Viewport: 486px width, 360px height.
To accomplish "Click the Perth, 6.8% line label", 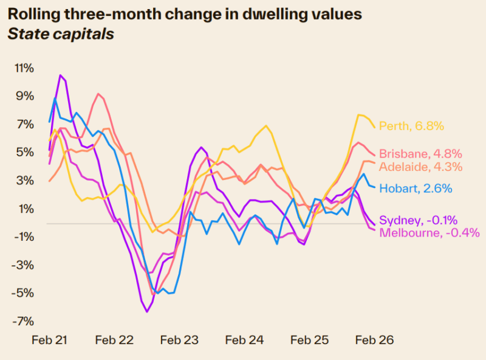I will point(411,126).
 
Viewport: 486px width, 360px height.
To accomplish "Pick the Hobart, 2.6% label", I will point(416,189).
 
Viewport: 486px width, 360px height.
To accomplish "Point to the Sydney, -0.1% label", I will point(418,220).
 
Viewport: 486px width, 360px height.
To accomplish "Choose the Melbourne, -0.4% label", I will point(429,232).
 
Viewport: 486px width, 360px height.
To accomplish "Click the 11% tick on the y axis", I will point(24,67).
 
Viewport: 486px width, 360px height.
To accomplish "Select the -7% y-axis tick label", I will point(24,321).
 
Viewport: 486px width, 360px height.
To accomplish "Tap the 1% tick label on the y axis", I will point(26,209).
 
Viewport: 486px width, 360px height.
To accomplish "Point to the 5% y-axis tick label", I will point(26,152).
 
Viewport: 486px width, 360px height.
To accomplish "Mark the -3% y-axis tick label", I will point(24,265).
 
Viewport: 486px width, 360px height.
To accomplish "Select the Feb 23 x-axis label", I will point(179,341).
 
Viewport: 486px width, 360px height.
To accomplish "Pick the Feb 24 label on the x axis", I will point(244,341).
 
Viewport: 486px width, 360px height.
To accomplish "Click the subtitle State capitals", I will point(60,34).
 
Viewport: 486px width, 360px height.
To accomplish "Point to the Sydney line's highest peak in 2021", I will point(60,75).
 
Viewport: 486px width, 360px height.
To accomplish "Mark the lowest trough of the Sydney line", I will point(146,312).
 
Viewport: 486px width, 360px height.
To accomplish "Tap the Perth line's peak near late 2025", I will point(359,115).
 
